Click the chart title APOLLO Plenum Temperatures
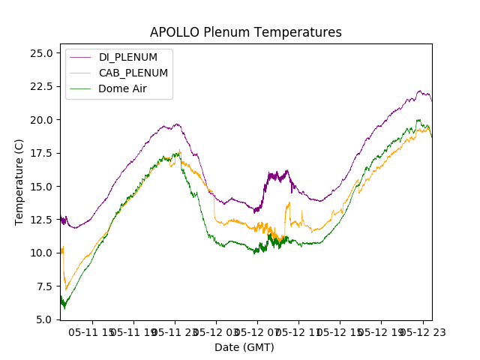(245, 32)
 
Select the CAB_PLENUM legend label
(133, 73)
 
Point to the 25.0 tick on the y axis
(40, 53)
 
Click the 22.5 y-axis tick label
(40, 86)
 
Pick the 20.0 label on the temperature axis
(40, 120)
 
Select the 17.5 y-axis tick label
(40, 153)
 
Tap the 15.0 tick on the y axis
(40, 186)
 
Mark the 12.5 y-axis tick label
(40, 220)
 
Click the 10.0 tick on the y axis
(40, 253)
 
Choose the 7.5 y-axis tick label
(43, 286)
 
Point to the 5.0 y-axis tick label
(43, 319)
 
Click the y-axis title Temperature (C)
(19, 181)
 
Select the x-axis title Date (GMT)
(244, 347)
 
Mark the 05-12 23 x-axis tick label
(421, 331)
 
